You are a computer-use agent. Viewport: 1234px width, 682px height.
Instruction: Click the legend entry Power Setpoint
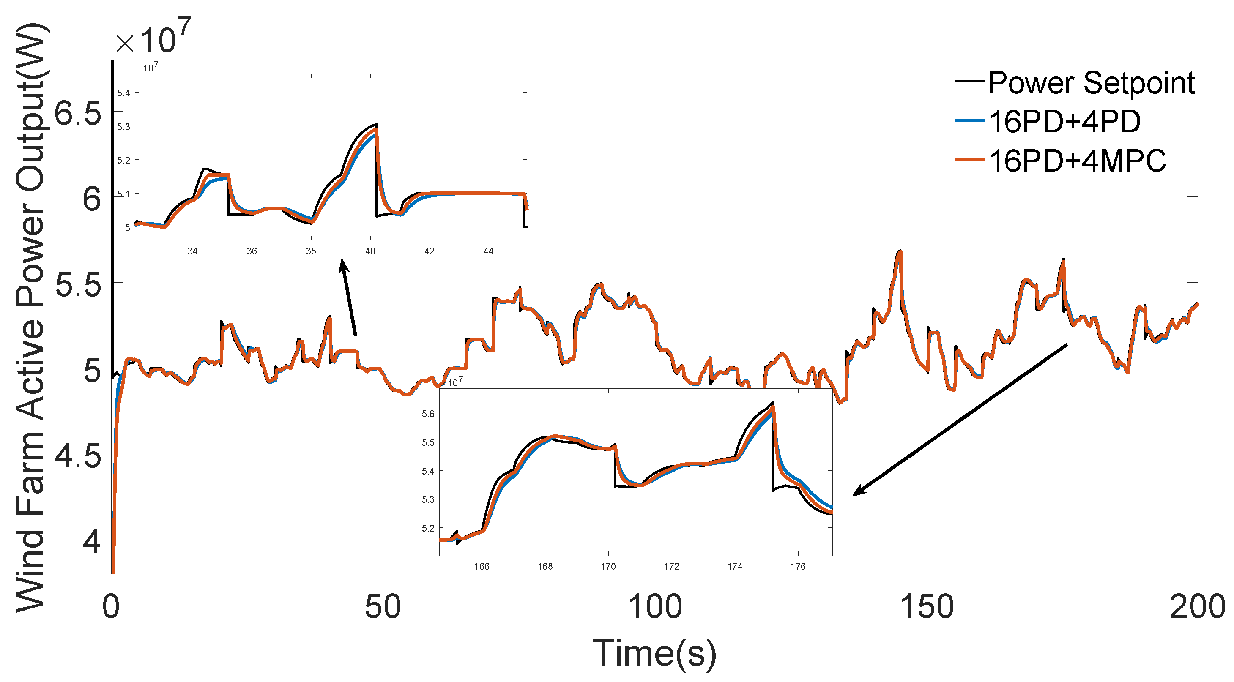click(1091, 83)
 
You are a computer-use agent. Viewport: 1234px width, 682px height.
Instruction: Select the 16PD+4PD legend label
click(1064, 122)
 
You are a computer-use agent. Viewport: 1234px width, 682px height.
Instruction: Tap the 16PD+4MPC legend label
click(1077, 161)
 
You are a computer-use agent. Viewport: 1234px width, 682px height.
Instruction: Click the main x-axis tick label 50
click(382, 607)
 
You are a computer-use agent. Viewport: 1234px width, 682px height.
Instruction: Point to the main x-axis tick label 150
click(927, 607)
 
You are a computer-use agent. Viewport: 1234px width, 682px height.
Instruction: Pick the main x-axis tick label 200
click(1197, 607)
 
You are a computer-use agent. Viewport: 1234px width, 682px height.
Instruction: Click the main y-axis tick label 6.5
click(78, 114)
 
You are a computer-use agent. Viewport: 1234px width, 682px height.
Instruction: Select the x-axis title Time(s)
click(654, 653)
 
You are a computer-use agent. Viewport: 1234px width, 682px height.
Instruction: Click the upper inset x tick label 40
click(370, 251)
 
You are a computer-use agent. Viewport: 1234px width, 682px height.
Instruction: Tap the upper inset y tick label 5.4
click(123, 93)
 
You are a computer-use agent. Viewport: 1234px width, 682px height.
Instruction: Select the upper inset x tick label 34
click(193, 251)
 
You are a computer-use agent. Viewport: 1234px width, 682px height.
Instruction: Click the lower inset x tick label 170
click(608, 567)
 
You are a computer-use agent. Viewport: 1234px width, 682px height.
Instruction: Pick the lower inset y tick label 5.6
click(428, 414)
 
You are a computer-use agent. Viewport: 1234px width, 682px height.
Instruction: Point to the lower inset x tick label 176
click(798, 567)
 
